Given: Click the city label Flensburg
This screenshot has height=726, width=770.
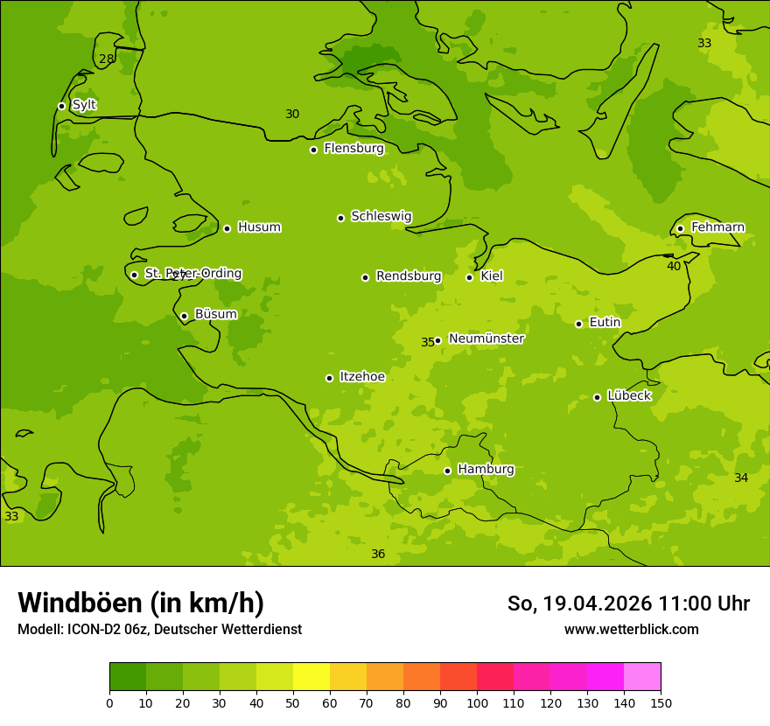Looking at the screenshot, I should [x=353, y=149].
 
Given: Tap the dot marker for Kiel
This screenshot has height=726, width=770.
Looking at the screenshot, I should [x=469, y=277].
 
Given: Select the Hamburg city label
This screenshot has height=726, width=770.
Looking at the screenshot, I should [x=486, y=470].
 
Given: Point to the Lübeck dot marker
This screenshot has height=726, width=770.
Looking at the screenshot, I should [x=597, y=397].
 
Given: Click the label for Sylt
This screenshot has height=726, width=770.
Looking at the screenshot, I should [x=84, y=105].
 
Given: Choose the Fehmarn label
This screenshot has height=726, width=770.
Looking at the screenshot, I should [x=717, y=227].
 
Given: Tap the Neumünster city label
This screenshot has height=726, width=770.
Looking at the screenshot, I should [x=486, y=339].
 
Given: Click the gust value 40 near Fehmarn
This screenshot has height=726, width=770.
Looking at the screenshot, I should [x=674, y=266].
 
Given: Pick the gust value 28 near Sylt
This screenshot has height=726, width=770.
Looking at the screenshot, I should [x=106, y=59].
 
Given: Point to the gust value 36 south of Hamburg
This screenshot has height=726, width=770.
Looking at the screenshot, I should [x=378, y=554].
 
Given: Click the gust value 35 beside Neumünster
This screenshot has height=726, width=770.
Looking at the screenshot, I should [x=427, y=342].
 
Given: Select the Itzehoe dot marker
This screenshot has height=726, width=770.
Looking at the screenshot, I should [x=329, y=378].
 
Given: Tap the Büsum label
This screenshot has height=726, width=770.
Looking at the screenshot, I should [x=215, y=314].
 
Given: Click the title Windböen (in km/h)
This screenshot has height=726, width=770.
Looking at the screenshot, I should [x=141, y=603].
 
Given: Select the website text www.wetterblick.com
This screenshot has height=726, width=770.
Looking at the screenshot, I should [x=631, y=629].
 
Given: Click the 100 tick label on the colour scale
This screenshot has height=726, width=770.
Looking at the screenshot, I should [x=476, y=703].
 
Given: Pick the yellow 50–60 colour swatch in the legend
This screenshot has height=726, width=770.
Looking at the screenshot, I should [x=311, y=677].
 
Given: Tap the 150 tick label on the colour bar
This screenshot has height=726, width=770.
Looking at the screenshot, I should [x=660, y=703].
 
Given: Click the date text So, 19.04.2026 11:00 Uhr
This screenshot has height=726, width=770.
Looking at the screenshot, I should [x=628, y=604].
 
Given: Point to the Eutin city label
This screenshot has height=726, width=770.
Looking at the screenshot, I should [x=605, y=323].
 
